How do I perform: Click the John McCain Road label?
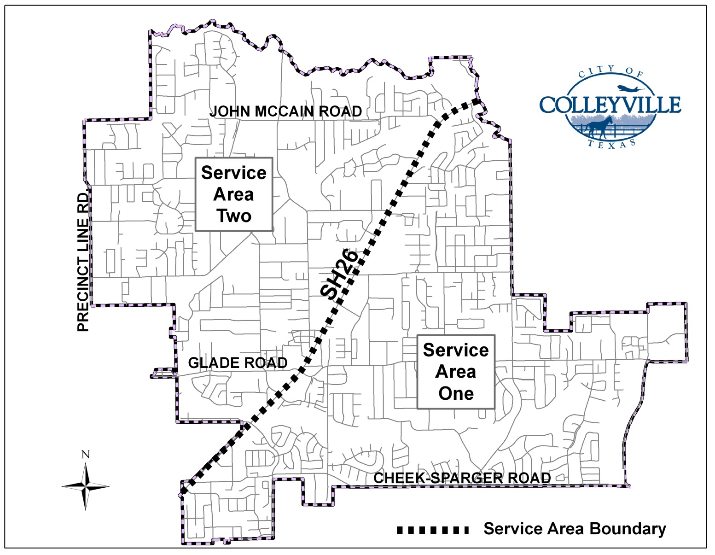click(x=285, y=111)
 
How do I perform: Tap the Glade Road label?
click(x=238, y=363)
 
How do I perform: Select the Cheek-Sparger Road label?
click(x=462, y=478)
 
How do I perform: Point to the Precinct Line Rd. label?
click(x=83, y=261)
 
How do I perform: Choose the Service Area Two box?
click(x=234, y=194)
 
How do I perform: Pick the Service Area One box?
click(x=456, y=371)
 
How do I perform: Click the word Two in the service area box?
click(x=234, y=216)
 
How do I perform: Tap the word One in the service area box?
click(x=456, y=393)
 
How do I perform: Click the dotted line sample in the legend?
click(x=433, y=530)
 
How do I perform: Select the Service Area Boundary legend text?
click(x=574, y=529)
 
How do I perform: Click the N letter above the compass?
click(x=85, y=455)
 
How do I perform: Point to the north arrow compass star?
click(x=86, y=486)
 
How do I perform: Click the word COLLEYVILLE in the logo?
click(x=610, y=105)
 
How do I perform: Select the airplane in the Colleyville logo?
click(x=630, y=88)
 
